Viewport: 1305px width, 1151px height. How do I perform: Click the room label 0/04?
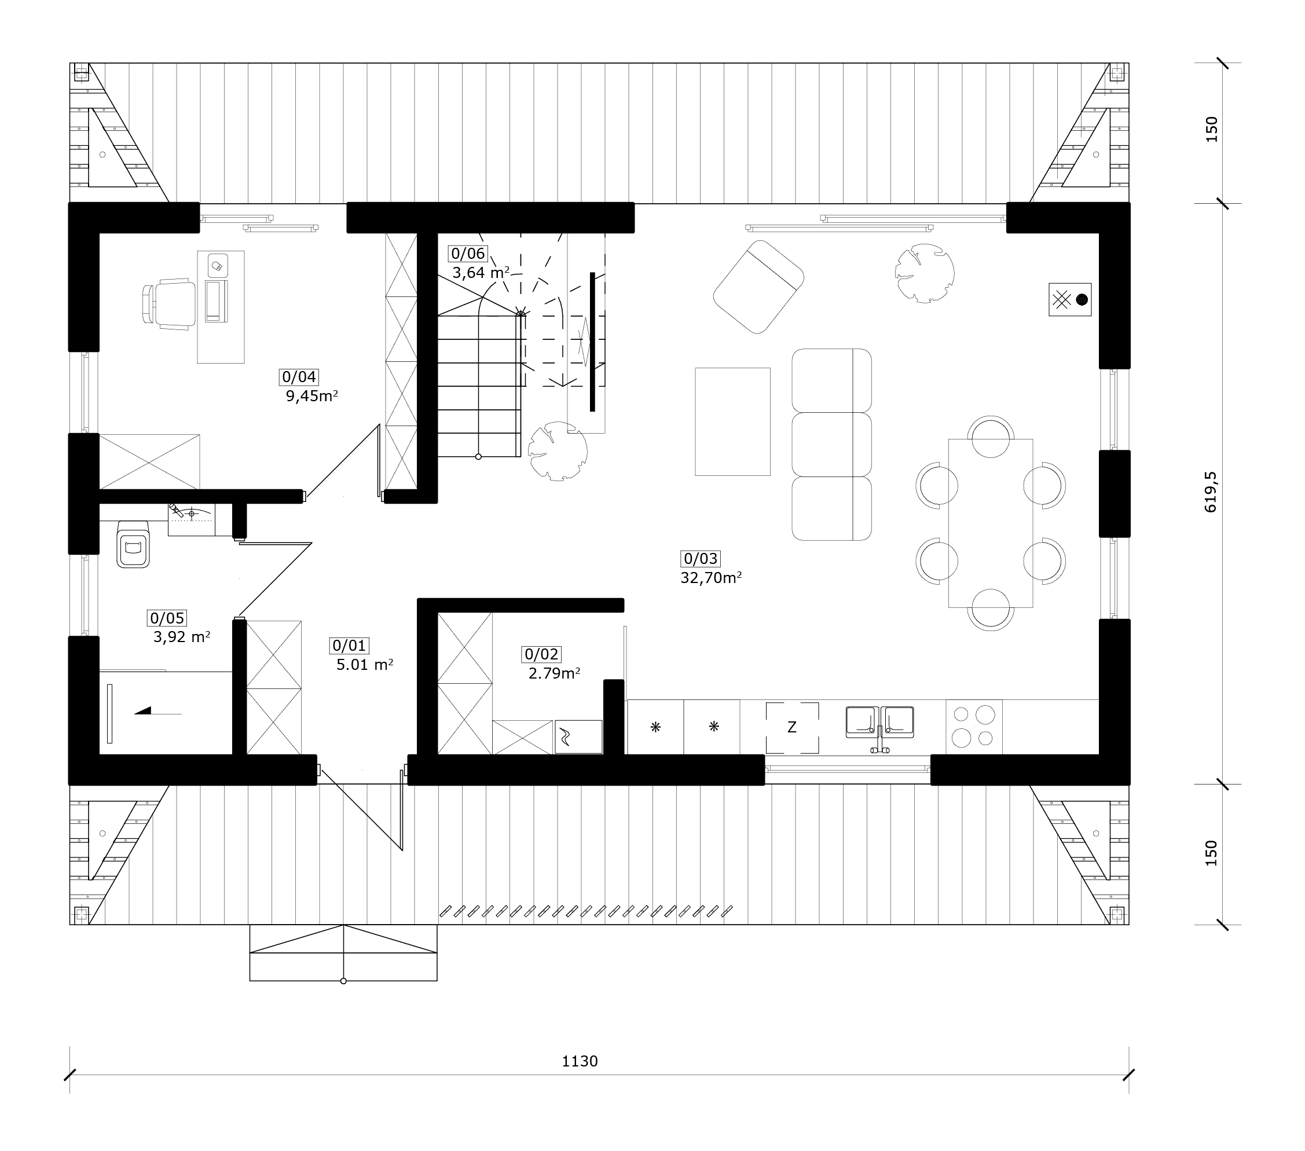[299, 377]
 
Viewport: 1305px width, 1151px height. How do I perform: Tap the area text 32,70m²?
[710, 578]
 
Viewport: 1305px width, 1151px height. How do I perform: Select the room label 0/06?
[468, 254]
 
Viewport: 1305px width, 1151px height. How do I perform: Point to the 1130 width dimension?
[580, 1061]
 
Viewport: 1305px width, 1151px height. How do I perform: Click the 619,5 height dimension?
[1211, 492]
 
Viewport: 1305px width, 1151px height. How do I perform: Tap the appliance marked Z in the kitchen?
[791, 727]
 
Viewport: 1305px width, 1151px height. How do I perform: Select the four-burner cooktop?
[974, 727]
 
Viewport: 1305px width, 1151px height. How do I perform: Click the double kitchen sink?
[880, 723]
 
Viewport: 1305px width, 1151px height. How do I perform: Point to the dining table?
[990, 523]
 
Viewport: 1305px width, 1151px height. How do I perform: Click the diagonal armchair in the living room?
[758, 287]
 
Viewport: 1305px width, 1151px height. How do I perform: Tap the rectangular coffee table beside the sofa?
[732, 421]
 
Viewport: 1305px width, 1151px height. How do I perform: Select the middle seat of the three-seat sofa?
[831, 444]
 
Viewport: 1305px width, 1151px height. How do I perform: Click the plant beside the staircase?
[558, 450]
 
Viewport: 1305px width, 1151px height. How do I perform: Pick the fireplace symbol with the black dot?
[1069, 299]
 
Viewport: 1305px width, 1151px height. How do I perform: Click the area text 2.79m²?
[554, 673]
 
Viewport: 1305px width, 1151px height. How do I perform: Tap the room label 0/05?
[167, 618]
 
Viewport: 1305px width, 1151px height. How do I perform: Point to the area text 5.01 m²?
[365, 665]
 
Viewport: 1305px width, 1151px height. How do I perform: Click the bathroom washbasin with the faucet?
[192, 519]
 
